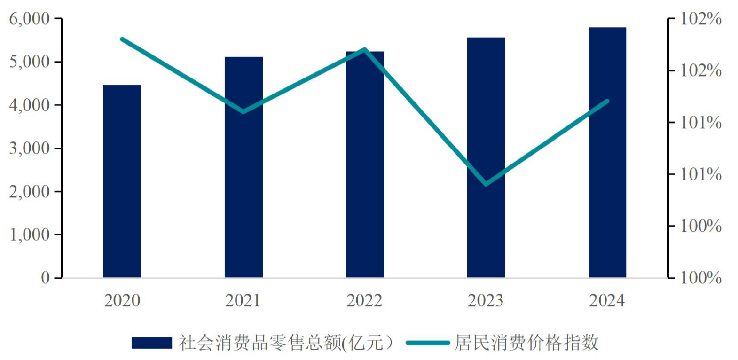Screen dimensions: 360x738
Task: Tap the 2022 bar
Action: (x=365, y=164)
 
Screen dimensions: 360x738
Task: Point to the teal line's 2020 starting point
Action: (x=122, y=39)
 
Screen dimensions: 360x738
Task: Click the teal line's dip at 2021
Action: (x=243, y=112)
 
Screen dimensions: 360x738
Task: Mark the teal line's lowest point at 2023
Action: (x=486, y=184)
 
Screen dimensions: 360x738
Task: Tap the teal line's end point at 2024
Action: (x=607, y=101)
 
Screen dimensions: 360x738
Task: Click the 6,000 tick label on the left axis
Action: (x=29, y=19)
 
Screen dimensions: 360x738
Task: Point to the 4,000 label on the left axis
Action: (x=29, y=105)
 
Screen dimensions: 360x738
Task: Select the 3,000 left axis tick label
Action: (x=29, y=148)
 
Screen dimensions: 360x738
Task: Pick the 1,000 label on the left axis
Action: (x=29, y=235)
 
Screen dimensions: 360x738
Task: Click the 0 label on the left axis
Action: (x=45, y=278)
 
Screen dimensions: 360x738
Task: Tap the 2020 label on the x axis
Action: (x=122, y=300)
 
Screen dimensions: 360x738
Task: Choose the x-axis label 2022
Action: (x=365, y=300)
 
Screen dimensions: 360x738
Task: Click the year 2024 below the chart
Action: (x=607, y=300)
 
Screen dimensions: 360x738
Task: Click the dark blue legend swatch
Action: (x=151, y=343)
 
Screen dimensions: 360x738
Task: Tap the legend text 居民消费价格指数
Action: (x=526, y=343)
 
